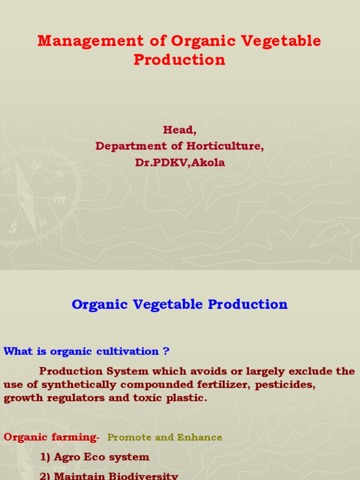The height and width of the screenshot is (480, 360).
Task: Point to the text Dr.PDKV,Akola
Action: coord(180,163)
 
